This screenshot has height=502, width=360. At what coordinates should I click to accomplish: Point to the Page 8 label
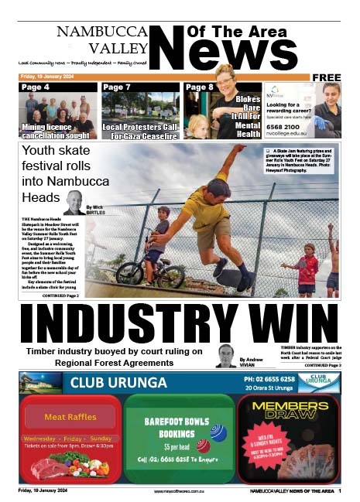pyautogui.click(x=199, y=87)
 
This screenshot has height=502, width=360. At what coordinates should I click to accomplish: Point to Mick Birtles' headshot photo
pyautogui.click(x=74, y=203)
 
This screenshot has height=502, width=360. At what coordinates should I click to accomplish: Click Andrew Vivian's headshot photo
pyautogui.click(x=227, y=356)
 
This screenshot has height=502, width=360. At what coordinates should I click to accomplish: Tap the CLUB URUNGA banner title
pyautogui.click(x=118, y=382)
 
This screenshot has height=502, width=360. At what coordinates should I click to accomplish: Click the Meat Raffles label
pyautogui.click(x=70, y=418)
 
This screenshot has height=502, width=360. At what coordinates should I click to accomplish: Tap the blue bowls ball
pyautogui.click(x=218, y=433)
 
